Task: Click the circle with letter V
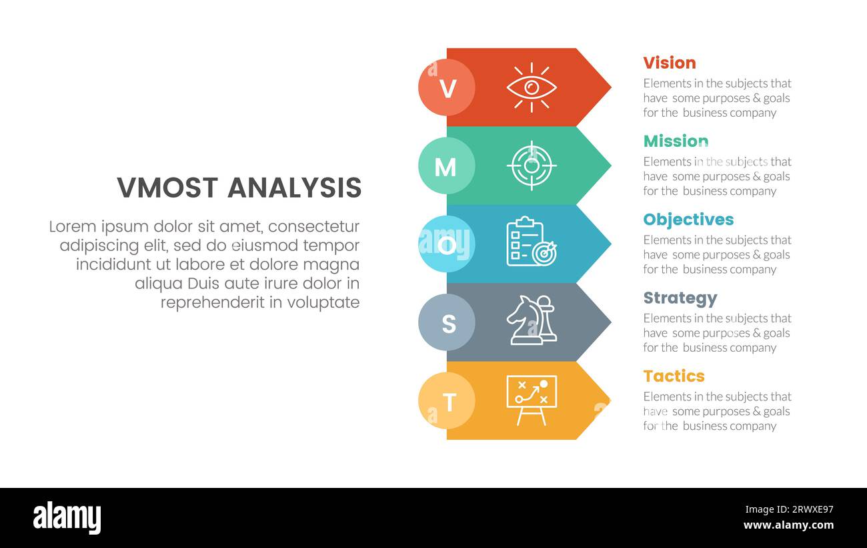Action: [x=447, y=87]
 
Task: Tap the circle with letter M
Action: [x=447, y=166]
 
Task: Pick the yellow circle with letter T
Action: [x=447, y=400]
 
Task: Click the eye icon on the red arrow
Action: [x=531, y=87]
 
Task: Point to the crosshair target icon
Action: [x=531, y=165]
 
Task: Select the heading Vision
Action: [x=669, y=63]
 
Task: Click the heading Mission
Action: [x=675, y=141]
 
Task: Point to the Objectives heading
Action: [x=688, y=220]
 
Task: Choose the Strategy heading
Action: [x=680, y=298]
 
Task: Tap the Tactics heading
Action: [x=673, y=376]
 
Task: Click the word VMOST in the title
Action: [x=168, y=188]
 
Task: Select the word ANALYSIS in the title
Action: [x=294, y=188]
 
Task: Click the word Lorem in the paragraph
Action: [x=70, y=227]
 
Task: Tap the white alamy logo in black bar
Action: [x=67, y=518]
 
